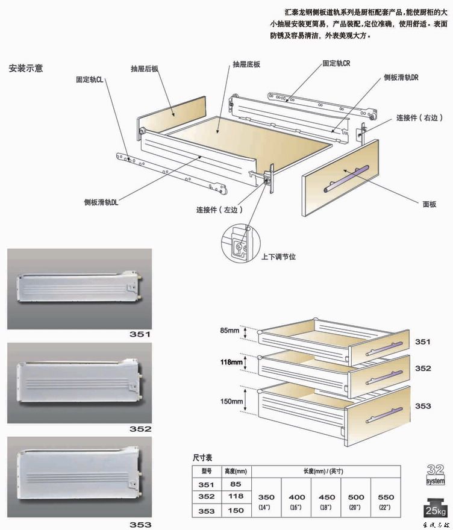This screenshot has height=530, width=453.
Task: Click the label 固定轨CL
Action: point(90,79)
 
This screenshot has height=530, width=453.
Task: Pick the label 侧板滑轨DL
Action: point(101,202)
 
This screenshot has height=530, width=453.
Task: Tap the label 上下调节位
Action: point(278,257)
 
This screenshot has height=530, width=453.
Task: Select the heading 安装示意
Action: point(25,68)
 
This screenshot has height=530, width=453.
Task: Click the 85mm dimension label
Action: point(230,331)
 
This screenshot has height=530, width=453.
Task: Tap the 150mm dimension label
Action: point(231,401)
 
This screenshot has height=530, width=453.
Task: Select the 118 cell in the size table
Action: point(236,496)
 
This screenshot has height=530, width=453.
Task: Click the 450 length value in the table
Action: point(326,497)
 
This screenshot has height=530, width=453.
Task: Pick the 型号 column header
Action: point(207,471)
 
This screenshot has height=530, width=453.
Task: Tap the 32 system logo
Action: point(435,475)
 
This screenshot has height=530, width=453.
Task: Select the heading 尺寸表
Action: point(202,458)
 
